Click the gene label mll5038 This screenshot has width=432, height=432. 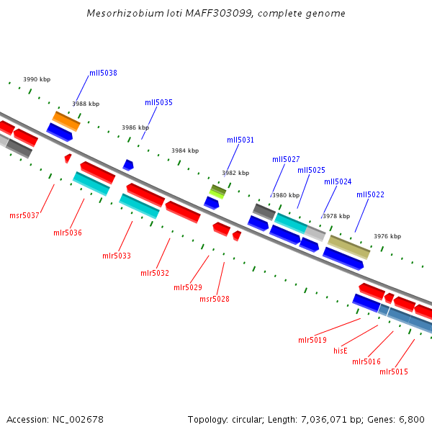pyautogui.click(x=103, y=73)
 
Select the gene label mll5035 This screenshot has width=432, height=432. pyautogui.click(x=158, y=102)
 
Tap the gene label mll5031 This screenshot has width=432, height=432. pyautogui.click(x=240, y=140)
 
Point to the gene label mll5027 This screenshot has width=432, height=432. pyautogui.click(x=286, y=159)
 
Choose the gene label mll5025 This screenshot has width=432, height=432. pyautogui.click(x=311, y=170)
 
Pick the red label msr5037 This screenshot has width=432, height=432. pyautogui.click(x=24, y=215)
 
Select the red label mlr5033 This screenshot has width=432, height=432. pyautogui.click(x=117, y=256)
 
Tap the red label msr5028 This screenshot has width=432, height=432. pyautogui.click(x=215, y=299)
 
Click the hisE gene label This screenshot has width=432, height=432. pyautogui.click(x=341, y=351)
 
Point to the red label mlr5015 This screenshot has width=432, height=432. pyautogui.click(x=394, y=372)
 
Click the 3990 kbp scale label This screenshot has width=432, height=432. pyautogui.click(x=37, y=79)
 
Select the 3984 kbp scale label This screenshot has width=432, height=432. pyautogui.click(x=185, y=150)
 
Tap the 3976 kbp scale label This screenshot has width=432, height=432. pyautogui.click(x=387, y=236)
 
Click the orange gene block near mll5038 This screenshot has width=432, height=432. pyautogui.click(x=66, y=120)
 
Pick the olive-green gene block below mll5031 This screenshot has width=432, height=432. pyautogui.click(x=217, y=191)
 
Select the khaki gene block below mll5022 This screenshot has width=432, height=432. pyautogui.click(x=349, y=247)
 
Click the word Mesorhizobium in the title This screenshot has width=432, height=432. pyautogui.click(x=120, y=14)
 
